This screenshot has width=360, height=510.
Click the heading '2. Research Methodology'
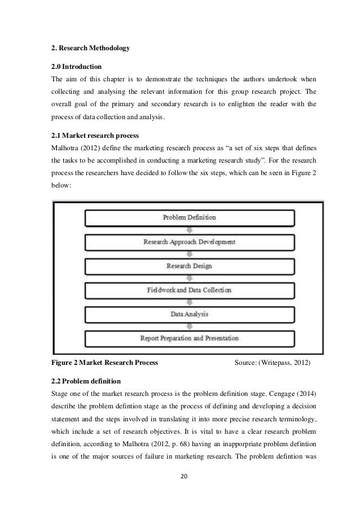[90, 48]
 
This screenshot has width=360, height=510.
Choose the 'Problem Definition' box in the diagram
[189, 217]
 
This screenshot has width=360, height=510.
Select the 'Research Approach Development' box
[189, 242]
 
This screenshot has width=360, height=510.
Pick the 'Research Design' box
[189, 265]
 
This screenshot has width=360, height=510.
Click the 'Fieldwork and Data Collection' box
[189, 290]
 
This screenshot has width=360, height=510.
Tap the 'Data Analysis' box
[189, 313]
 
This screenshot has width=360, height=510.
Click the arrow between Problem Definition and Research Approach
[189, 230]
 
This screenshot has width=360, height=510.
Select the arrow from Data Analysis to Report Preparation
[189, 326]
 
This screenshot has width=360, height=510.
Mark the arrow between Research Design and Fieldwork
[189, 278]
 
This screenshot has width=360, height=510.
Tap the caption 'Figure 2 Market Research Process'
[104, 362]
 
